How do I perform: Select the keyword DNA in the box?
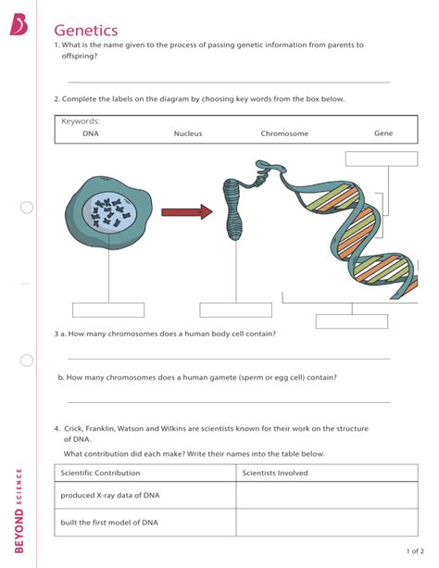(91, 133)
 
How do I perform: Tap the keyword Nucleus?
(188, 133)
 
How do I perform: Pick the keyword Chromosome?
(284, 133)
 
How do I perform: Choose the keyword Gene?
(383, 133)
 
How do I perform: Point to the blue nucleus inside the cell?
(109, 215)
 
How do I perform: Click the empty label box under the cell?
(108, 309)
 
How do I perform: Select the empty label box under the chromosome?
(235, 309)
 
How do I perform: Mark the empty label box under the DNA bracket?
(351, 321)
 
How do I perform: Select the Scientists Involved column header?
(275, 473)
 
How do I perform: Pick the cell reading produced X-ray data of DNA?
(110, 496)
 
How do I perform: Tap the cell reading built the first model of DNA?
(109, 523)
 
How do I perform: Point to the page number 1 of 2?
(413, 550)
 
